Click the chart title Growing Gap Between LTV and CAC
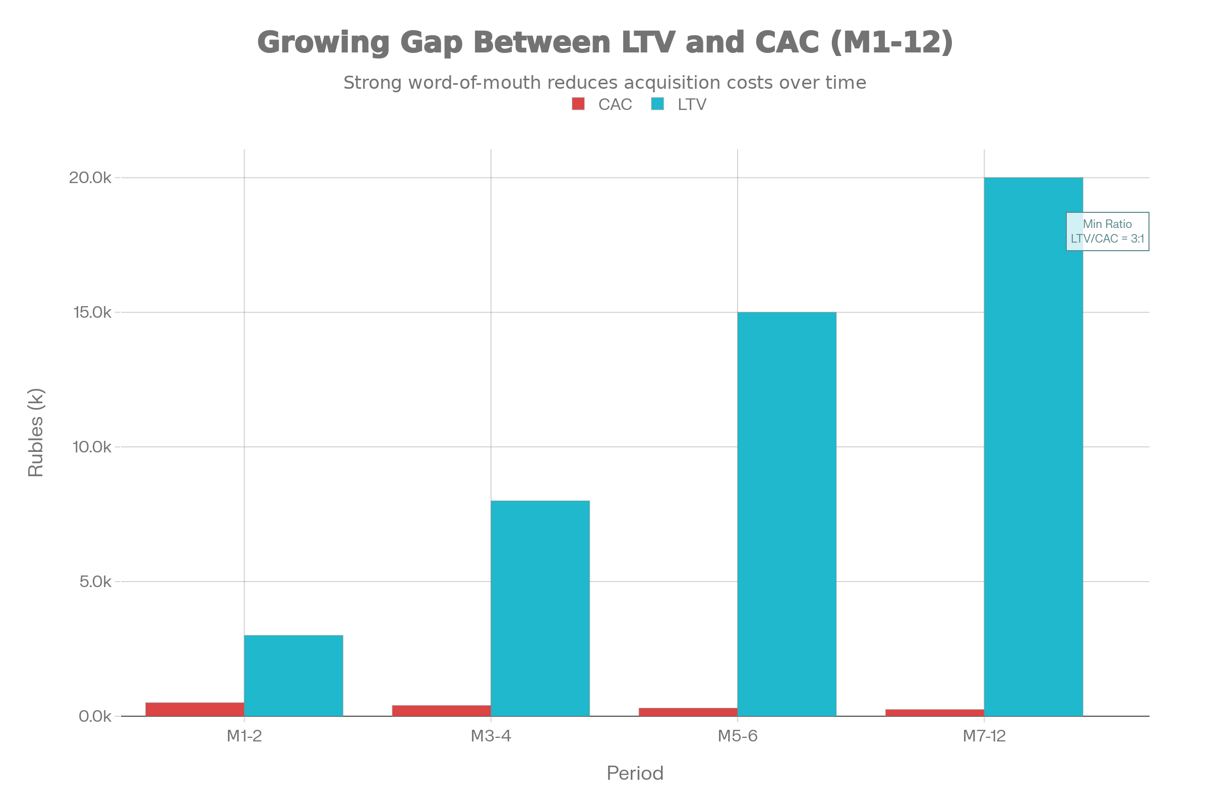604,42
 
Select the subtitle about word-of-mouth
604,83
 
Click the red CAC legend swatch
578,104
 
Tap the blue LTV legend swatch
657,104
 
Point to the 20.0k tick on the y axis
91,178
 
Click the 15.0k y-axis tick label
92,312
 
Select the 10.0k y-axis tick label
92,447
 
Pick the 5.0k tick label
95,582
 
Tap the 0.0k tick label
95,716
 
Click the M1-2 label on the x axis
245,736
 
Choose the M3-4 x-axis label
491,736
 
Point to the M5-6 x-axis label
738,736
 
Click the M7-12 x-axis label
984,736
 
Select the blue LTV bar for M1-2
294,675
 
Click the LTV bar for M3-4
540,608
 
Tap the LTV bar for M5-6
787,514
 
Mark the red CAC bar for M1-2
195,709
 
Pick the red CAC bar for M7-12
935,713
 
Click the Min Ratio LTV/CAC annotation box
1107,232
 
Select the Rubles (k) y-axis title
36,433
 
